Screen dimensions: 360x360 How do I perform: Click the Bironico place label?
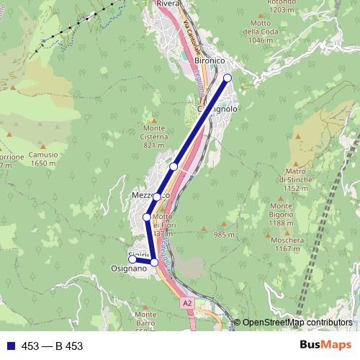coord(211,62)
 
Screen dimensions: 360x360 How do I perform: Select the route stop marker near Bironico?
coord(228,78)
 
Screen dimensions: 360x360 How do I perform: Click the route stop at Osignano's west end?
coord(132,259)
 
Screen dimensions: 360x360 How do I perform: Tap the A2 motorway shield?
coord(187,304)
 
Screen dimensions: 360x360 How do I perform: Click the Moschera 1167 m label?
coord(287,244)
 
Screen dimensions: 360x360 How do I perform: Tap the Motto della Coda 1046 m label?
coord(261,34)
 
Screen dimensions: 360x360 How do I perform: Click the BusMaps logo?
coord(325,346)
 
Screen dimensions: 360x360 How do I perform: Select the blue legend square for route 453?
coord(9,346)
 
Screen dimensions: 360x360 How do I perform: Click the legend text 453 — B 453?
coord(53,346)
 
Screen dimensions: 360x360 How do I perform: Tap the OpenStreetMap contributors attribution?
coord(297,323)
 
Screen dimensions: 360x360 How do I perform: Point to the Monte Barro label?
coord(145,315)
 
